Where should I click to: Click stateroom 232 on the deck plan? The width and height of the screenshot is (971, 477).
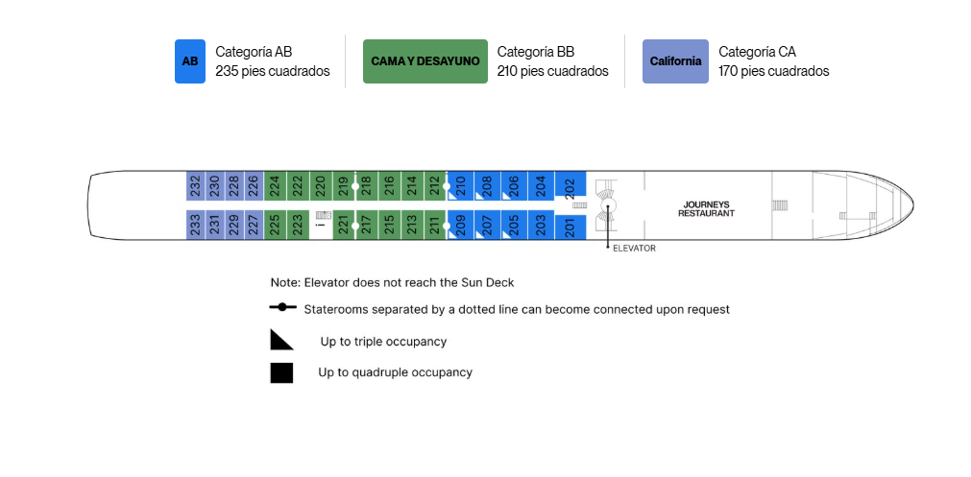[x=196, y=185]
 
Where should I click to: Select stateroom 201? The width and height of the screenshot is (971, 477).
[x=570, y=227]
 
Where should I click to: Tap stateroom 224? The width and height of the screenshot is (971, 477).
[x=275, y=185]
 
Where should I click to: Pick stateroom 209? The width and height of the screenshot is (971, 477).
[x=460, y=225]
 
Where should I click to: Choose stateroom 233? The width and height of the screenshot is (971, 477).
[x=196, y=225]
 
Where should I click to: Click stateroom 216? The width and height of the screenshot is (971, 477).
[x=389, y=185]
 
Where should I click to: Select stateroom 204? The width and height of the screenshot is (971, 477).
[x=541, y=185]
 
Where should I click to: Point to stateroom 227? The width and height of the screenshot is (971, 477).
[x=254, y=225]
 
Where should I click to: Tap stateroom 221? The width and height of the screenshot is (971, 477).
[x=344, y=225]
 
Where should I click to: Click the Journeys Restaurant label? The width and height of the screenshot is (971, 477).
[x=706, y=209]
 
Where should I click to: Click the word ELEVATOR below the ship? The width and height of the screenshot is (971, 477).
[x=634, y=248]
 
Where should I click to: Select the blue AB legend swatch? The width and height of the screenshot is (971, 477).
[x=190, y=61]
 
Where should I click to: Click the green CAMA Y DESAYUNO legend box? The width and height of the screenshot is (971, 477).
[x=425, y=61]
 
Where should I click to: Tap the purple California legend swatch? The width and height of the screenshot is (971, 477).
[x=675, y=61]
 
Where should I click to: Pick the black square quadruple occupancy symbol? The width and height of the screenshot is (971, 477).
[x=281, y=373]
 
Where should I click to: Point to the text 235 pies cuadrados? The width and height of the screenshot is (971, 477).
[x=273, y=71]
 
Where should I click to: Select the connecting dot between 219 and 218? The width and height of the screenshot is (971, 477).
[x=354, y=185]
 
